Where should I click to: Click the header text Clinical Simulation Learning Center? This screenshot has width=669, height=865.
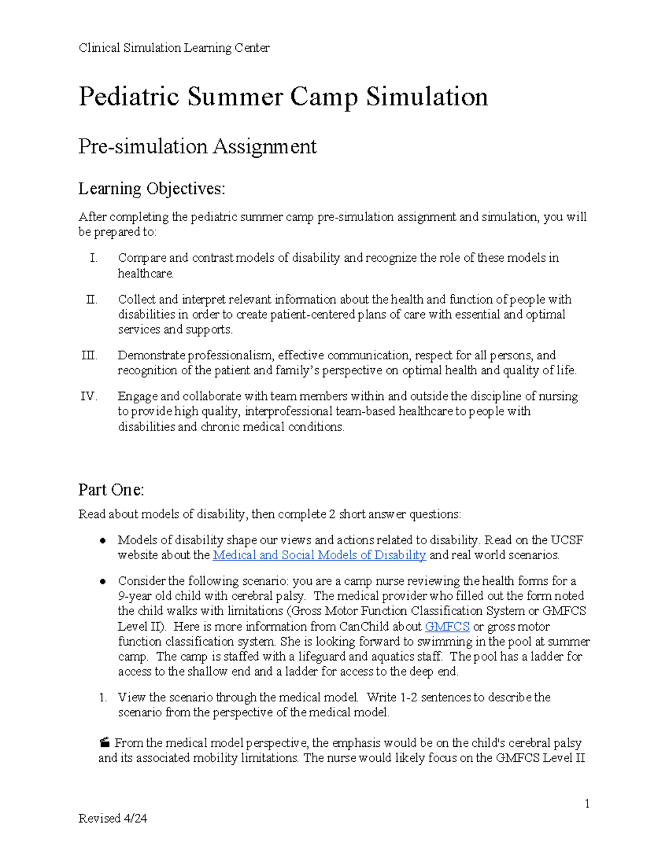(174, 48)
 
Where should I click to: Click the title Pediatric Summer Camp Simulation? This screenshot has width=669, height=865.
(283, 96)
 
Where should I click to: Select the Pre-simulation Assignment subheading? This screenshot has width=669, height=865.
(197, 146)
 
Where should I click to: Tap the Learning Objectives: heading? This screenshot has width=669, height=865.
(152, 189)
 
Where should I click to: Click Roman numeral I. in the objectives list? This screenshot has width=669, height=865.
(93, 258)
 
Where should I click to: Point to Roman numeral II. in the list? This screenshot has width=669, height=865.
(91, 300)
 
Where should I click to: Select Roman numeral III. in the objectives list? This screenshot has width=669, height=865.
(89, 355)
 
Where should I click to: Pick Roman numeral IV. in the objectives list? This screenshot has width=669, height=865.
(89, 397)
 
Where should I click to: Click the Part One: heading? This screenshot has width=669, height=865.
(111, 490)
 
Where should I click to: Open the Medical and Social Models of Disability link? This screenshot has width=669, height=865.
(319, 555)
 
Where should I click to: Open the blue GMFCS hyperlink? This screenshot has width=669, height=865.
(447, 627)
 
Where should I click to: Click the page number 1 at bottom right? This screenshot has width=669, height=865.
(587, 803)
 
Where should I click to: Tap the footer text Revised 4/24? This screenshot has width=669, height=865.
(113, 818)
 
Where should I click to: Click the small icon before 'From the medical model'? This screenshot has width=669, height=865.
(104, 742)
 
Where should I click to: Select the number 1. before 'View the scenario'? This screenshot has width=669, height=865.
(103, 697)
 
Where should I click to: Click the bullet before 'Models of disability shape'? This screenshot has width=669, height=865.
(103, 540)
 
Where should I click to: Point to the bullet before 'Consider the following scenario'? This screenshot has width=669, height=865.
(103, 581)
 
